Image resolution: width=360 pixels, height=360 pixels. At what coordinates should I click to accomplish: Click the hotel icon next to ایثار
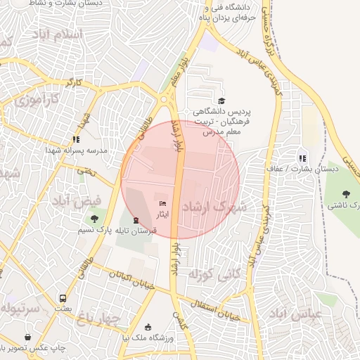point(163,204)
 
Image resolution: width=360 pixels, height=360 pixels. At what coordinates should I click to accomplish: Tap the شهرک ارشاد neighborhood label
point(214,207)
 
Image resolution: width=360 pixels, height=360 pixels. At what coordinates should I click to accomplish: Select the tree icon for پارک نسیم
point(95,219)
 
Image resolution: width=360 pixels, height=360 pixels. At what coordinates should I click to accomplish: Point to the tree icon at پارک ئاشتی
point(345,194)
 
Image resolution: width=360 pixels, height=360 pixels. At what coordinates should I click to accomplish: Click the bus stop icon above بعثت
point(63,298)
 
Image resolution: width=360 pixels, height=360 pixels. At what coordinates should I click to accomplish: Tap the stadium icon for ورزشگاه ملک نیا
point(148,327)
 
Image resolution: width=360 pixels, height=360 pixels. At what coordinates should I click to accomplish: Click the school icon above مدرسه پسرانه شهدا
point(76,139)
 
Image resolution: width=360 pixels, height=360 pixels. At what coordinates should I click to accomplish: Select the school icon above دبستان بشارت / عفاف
point(302,158)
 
